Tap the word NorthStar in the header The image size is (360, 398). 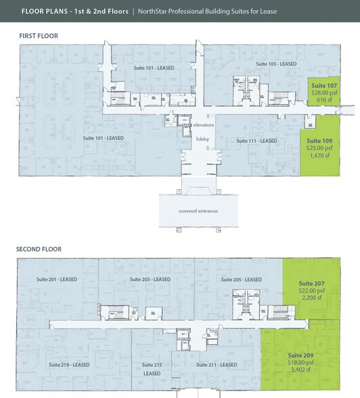pos(156,12)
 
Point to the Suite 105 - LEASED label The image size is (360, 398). pos(276,64)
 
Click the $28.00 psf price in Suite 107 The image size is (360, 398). pos(323,93)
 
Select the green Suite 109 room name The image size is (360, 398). pos(322,141)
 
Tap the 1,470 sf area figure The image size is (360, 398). pos(322,155)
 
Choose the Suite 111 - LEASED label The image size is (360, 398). pos(257,141)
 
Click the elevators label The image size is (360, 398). pos(204,126)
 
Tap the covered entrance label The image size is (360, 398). pos(198,211)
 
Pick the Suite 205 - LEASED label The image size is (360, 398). pos(242,280)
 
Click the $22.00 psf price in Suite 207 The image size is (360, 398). pos(312,291)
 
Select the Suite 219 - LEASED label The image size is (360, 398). pos(69,364)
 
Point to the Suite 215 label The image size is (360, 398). pos(152,365)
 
